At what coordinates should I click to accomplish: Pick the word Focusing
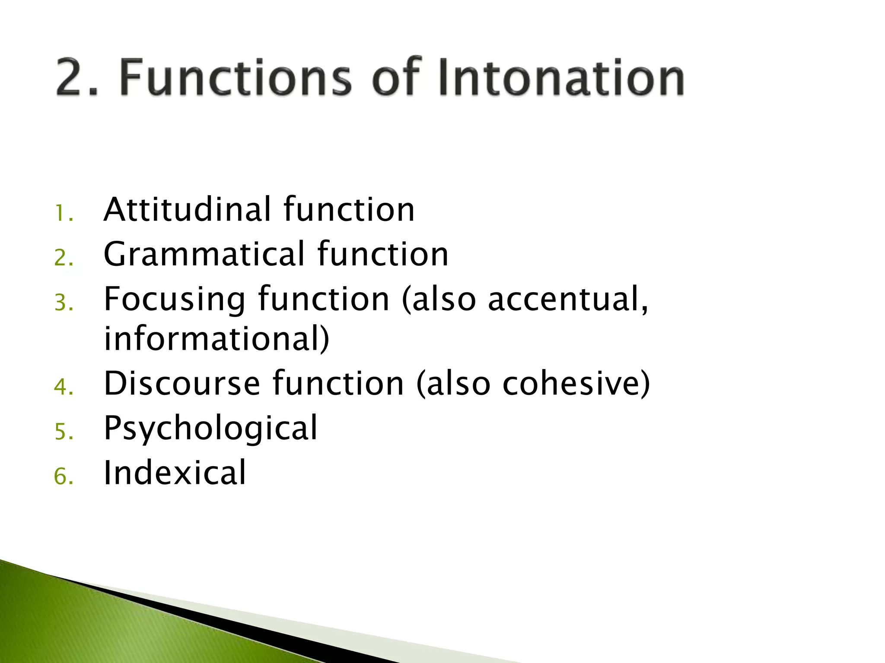coord(175,299)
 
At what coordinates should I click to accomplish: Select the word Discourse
coord(182,383)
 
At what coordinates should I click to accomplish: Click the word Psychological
coord(210,428)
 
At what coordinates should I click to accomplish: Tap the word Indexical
coord(175,473)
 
